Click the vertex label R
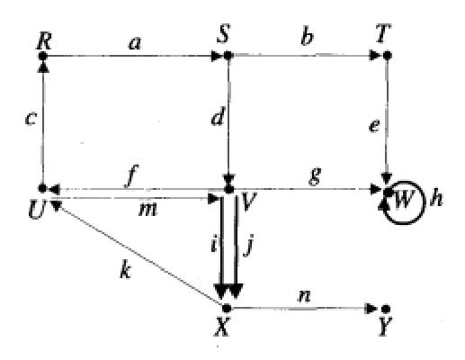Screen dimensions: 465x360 tap(44, 40)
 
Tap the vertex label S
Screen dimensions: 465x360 tap(224, 33)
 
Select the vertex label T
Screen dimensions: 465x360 tap(384, 34)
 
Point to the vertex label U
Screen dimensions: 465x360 tap(37, 211)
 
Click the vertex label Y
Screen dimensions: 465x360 tap(385, 327)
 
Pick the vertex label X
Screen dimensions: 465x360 tap(222, 326)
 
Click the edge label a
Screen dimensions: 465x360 tap(134, 43)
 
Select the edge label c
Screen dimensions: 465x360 tap(31, 118)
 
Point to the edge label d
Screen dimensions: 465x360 tap(218, 116)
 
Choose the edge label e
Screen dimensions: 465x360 tap(374, 126)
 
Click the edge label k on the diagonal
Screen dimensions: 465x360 tap(125, 270)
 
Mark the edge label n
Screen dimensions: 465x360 tap(304, 296)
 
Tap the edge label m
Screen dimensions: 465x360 tap(148, 210)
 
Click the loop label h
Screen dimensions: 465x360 tap(436, 198)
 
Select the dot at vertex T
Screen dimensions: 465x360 tap(388, 56)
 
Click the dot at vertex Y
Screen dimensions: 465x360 tap(385, 309)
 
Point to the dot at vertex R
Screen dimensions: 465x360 tap(43, 56)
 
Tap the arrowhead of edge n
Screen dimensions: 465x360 tap(371, 309)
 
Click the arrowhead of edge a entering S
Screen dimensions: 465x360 tap(217, 56)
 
